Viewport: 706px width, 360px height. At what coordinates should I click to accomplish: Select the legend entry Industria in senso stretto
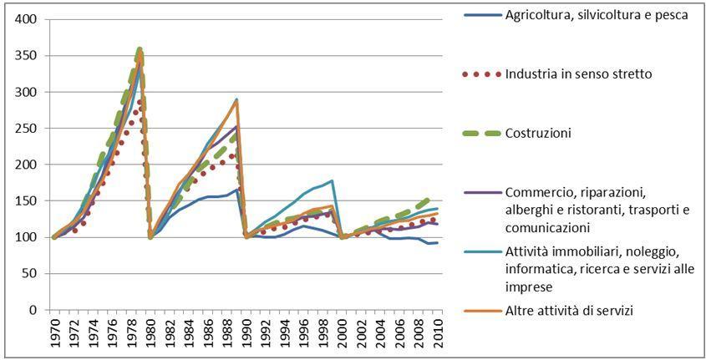(x=578, y=74)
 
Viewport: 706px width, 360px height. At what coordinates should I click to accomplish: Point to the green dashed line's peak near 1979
(x=140, y=49)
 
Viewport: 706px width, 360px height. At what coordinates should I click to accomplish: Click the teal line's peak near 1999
(x=333, y=180)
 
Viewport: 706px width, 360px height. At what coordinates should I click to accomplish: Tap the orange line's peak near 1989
(x=237, y=101)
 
